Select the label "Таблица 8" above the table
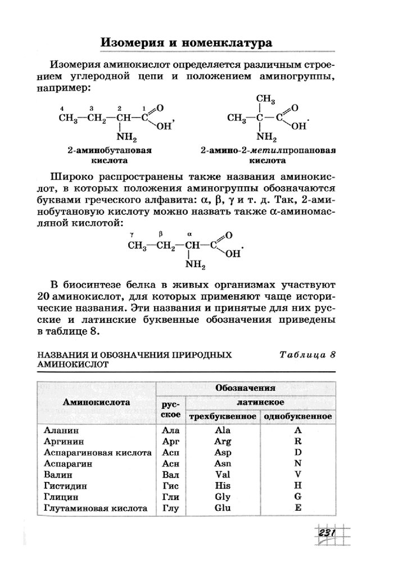click(x=307, y=355)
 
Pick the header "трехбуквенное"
click(x=223, y=416)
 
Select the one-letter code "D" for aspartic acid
click(x=298, y=452)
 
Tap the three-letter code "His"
click(x=223, y=485)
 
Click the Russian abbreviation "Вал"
click(x=170, y=475)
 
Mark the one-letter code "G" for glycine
click(x=298, y=497)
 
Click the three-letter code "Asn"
click(x=223, y=463)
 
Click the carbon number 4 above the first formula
click(x=62, y=108)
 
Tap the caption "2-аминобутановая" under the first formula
click(x=110, y=151)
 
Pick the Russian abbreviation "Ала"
click(x=170, y=430)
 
